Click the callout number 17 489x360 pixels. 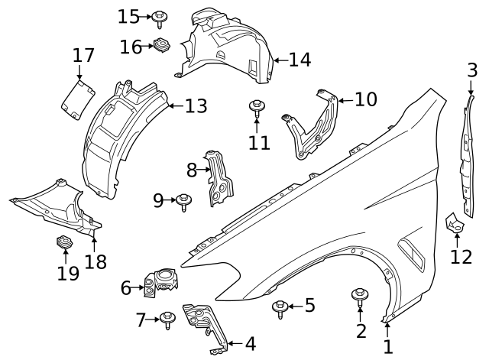(83, 56)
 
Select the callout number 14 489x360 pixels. (300, 59)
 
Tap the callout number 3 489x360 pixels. (472, 71)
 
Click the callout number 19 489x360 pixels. (68, 273)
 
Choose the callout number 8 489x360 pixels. (192, 170)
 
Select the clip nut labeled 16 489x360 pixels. (161, 45)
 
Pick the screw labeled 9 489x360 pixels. (183, 202)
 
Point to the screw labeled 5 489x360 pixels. (280, 307)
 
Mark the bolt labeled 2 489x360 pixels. (360, 296)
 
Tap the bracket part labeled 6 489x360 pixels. (160, 281)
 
